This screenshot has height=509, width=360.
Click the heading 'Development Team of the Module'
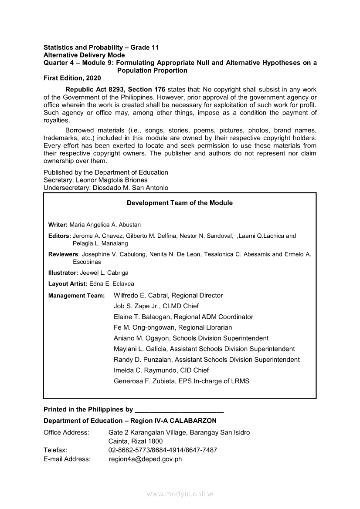point(180,203)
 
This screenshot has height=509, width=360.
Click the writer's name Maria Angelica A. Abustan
point(105,225)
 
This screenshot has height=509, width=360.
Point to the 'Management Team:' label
point(76,296)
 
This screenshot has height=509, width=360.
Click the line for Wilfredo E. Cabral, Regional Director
point(168,295)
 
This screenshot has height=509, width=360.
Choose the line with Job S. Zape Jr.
point(156,306)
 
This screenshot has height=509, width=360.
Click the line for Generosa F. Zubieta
point(181,381)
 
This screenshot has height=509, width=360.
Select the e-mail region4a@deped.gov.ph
point(145,459)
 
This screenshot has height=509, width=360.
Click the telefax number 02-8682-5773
point(126,450)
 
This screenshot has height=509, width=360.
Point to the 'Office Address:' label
point(66,432)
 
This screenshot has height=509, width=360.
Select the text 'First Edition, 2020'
point(72,78)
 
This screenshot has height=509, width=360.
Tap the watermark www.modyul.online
point(180,494)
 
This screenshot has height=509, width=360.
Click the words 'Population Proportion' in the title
point(152,70)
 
